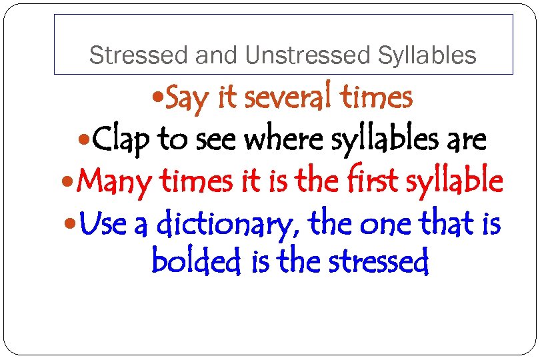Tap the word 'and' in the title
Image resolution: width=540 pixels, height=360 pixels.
pyautogui.click(x=215, y=56)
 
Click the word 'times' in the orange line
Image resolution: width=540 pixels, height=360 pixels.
pyautogui.click(x=377, y=99)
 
